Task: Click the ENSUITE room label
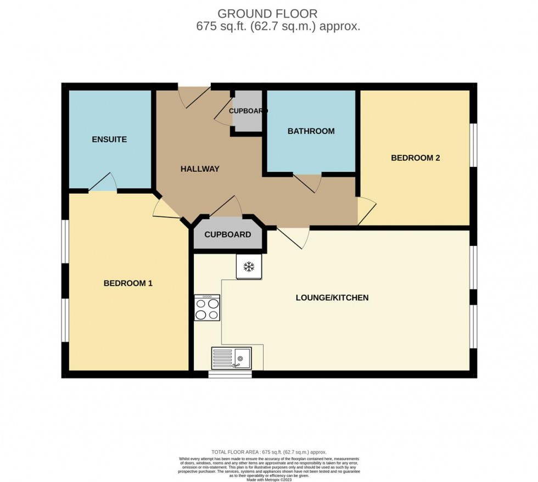(x=109, y=139)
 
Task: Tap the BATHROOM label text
(x=311, y=131)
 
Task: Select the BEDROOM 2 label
(x=415, y=158)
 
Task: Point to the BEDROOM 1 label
(x=128, y=283)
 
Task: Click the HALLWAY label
(x=200, y=169)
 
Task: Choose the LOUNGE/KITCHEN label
(x=332, y=298)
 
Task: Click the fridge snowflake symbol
(x=249, y=267)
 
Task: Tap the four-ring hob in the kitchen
(x=207, y=307)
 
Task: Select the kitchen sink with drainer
(x=231, y=357)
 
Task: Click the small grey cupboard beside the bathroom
(x=248, y=111)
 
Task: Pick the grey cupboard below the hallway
(x=227, y=234)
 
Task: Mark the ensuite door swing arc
(x=103, y=182)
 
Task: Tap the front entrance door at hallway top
(x=194, y=96)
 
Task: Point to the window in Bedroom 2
(x=473, y=144)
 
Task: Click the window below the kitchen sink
(x=230, y=375)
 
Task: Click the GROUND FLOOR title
(x=267, y=13)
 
